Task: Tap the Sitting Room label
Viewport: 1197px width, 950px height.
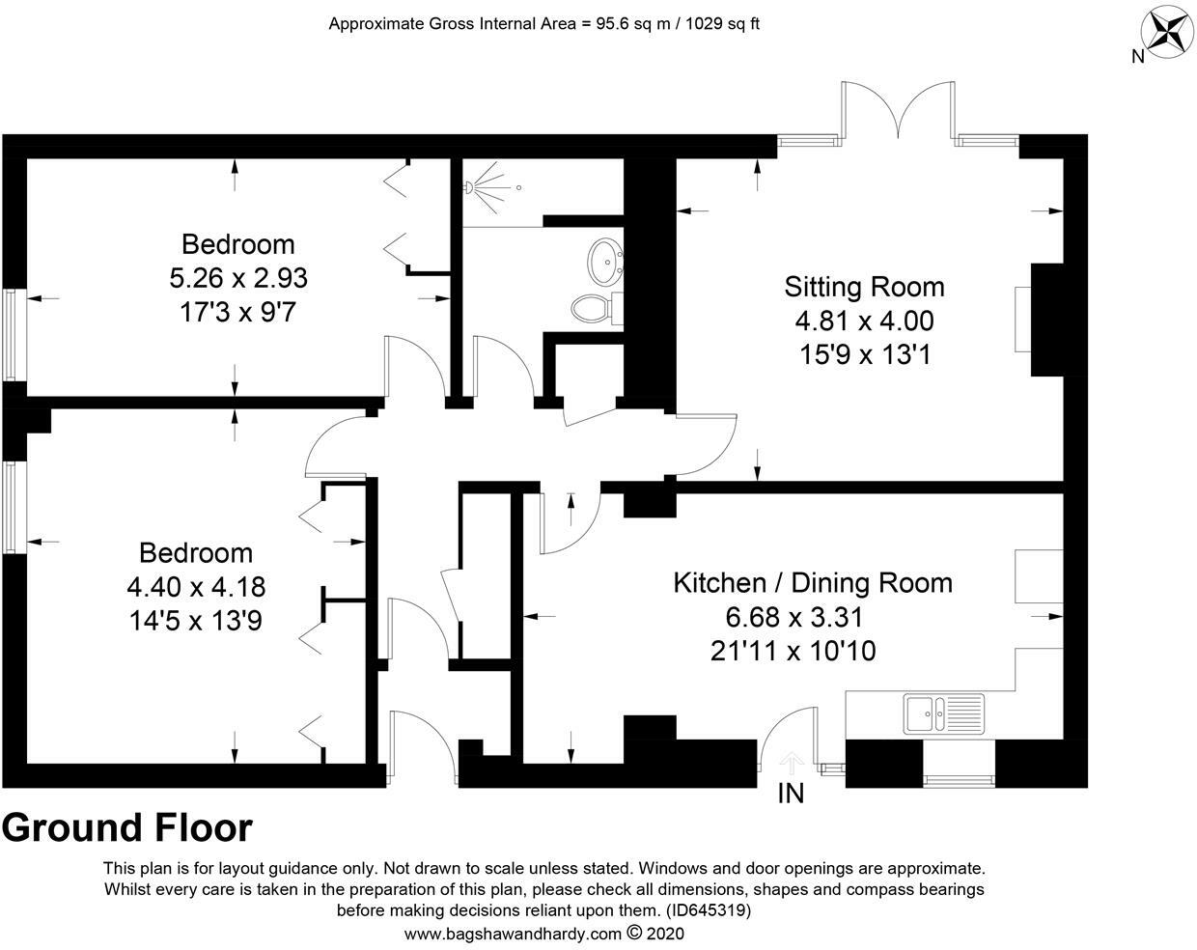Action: [x=864, y=287]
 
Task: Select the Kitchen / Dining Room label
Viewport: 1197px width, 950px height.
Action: [x=812, y=583]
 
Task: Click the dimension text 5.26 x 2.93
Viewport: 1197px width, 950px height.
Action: [x=238, y=278]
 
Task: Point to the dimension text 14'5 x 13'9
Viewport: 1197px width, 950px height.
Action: [x=196, y=620]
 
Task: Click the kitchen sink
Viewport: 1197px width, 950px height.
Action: [x=943, y=713]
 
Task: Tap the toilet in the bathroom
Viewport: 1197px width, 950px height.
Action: [x=592, y=308]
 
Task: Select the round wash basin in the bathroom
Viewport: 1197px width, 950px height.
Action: [x=605, y=260]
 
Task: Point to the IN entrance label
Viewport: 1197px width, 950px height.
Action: [x=791, y=794]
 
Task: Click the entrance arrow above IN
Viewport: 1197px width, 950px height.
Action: [x=791, y=763]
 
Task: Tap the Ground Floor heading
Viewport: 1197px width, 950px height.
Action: [x=127, y=828]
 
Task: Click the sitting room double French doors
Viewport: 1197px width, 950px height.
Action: [x=899, y=111]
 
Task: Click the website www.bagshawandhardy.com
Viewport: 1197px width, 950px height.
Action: [x=513, y=934]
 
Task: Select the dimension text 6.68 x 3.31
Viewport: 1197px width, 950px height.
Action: [x=793, y=617]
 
